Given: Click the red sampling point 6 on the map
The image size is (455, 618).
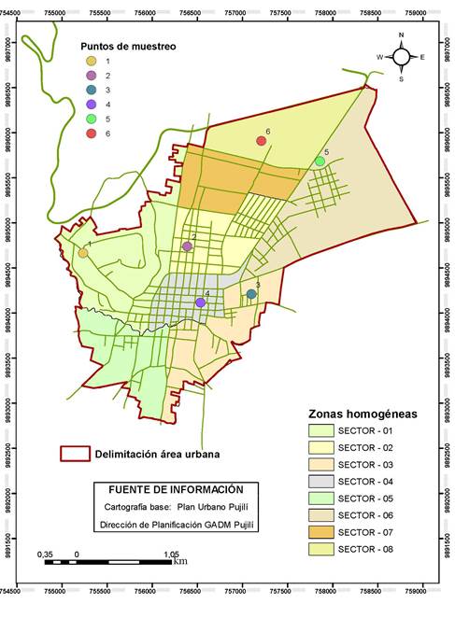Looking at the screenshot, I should click(261, 141).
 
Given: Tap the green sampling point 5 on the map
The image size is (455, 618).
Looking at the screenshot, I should click(320, 162).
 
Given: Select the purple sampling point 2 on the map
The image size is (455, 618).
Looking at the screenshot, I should click(187, 246).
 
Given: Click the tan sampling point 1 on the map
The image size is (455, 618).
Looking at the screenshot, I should click(82, 253).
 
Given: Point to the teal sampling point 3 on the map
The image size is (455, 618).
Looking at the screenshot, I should click(250, 294).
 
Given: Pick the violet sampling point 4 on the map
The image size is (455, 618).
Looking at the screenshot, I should click(200, 302).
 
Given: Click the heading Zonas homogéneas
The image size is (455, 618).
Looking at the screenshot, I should click(363, 413).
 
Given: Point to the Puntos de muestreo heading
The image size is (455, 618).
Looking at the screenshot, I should click(128, 46).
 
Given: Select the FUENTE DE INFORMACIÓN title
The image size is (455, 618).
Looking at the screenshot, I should click(176, 489).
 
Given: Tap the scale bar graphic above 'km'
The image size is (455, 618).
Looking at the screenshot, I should click(112, 562).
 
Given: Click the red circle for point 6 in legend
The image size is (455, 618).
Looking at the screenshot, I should click(91, 133).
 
